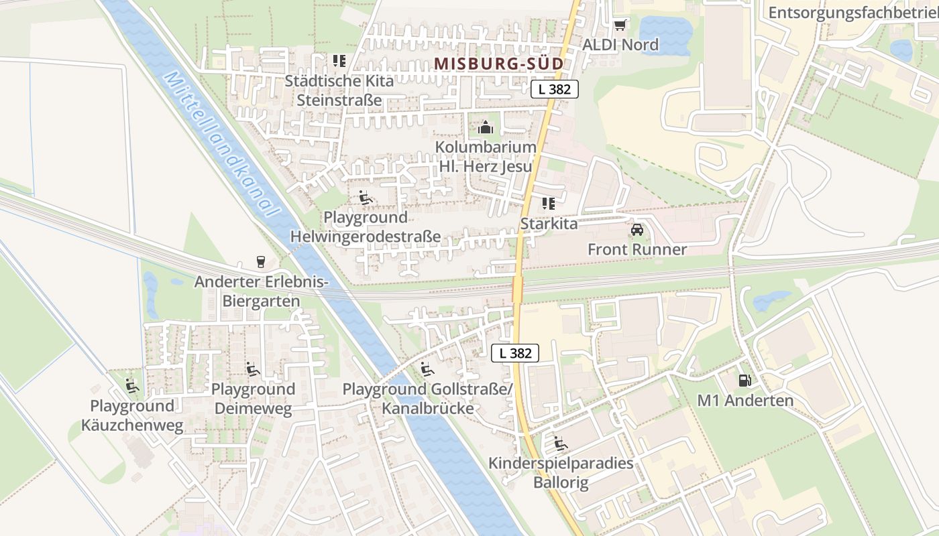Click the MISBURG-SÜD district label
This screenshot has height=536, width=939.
(498, 64)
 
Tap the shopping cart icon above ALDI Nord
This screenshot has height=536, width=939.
(620, 25)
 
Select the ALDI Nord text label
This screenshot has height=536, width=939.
(620, 45)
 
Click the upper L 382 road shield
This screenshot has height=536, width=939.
(555, 88)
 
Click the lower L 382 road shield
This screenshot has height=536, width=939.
(515, 353)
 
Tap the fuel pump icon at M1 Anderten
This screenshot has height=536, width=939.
(744, 381)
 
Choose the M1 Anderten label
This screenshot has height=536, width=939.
(745, 401)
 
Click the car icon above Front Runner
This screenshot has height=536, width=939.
(637, 230)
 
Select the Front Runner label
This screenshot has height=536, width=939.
(637, 250)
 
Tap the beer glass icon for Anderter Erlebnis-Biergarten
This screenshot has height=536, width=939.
(260, 262)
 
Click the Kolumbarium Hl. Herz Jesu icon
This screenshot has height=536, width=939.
(486, 127)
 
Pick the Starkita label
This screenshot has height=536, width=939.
(549, 223)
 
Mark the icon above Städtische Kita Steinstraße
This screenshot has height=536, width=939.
(339, 61)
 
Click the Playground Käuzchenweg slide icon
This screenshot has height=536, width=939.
(132, 386)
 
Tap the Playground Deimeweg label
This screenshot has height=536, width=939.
(253, 399)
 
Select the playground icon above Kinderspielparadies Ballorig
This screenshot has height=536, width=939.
(560, 443)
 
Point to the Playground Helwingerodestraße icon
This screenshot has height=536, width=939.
(366, 198)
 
